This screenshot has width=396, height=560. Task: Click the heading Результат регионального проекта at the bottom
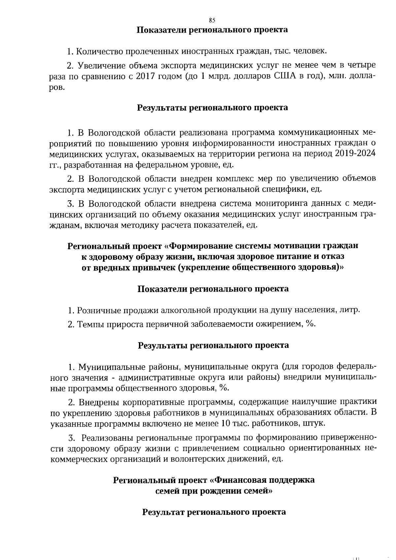click(x=214, y=512)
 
